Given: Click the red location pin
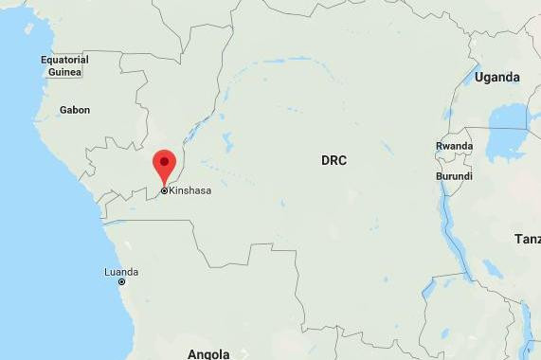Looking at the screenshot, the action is point(165,166).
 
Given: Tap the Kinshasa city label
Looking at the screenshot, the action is point(189,190).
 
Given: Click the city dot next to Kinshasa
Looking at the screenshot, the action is point(164,190).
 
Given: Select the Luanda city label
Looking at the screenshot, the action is point(120,272).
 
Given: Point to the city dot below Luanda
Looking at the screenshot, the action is point(121,282).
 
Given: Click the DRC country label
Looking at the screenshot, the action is point(334,161).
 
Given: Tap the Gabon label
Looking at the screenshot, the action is point(75,110).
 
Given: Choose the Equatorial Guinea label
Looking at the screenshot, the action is point(64,65).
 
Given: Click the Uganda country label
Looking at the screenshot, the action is point(497,77).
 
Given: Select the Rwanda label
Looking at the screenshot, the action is point(454,146).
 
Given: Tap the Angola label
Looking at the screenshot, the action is point(208,354).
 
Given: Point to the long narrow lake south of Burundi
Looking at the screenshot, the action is point(455,237).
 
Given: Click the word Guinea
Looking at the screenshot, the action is point(64,71).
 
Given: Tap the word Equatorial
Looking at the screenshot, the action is point(64,60).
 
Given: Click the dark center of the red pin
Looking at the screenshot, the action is point(165,160).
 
